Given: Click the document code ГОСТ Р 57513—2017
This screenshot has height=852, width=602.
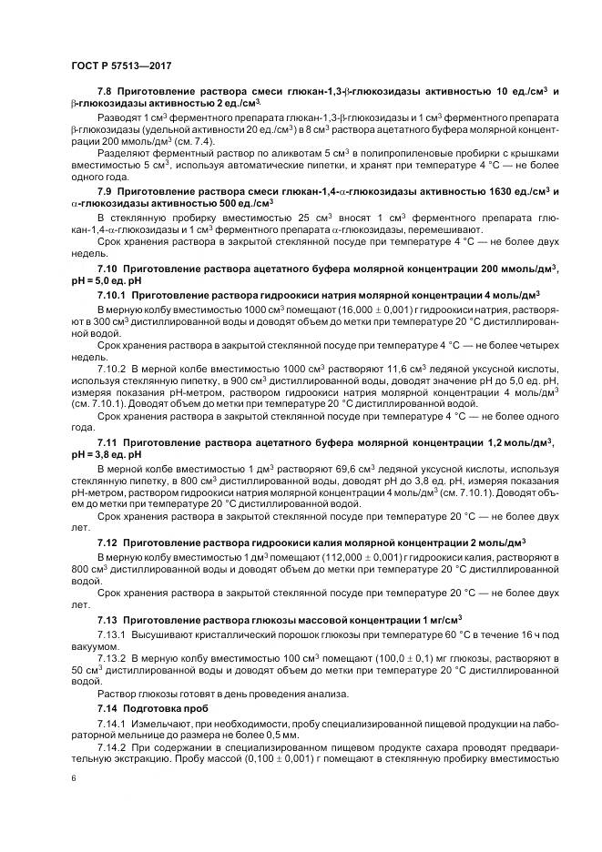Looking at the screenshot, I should click(120, 66).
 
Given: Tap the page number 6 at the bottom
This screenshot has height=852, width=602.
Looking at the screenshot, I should click(73, 779).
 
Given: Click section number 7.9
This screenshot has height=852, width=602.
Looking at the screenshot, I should click(106, 191).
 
